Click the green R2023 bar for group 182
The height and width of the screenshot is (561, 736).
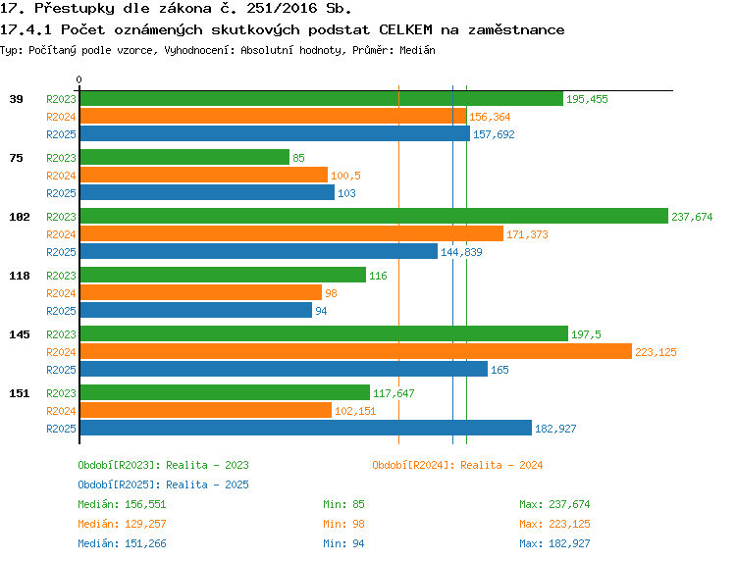click(374, 216)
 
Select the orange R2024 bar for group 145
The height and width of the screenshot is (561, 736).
click(356, 351)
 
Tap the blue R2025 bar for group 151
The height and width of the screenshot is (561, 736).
click(306, 428)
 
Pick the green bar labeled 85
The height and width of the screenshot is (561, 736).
click(184, 157)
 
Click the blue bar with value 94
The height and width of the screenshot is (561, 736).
click(195, 310)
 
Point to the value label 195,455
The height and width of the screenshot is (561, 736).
click(587, 99)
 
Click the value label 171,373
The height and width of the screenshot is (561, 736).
click(527, 234)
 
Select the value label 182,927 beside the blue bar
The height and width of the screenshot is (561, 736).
click(555, 429)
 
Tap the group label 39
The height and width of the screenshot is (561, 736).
click(16, 99)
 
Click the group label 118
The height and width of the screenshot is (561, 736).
click(20, 276)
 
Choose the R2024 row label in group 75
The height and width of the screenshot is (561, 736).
click(61, 176)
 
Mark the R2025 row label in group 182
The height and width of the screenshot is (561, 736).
click(61, 252)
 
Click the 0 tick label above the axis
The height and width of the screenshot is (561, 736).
click(79, 79)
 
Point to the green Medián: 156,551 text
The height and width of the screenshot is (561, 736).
click(122, 504)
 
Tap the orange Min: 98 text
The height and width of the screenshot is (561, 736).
click(343, 524)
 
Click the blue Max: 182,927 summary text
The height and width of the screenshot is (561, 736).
click(554, 543)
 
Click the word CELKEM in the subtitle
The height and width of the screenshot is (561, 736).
click(405, 29)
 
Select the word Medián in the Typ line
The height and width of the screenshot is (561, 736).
click(417, 50)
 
